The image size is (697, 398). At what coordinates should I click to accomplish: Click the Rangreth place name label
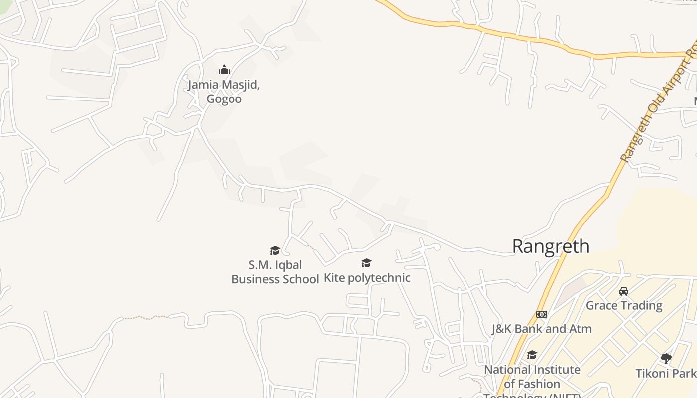[x=551, y=246]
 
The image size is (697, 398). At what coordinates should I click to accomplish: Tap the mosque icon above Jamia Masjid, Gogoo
[x=224, y=70]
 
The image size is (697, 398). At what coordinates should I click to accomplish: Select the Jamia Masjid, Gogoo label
[x=224, y=92]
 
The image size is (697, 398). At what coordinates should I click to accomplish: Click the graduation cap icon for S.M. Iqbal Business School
[x=275, y=250]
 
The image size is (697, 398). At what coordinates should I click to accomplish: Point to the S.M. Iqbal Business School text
[x=275, y=272]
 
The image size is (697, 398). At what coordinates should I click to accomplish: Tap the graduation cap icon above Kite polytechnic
[x=367, y=263]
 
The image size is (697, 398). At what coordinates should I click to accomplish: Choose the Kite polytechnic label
[x=367, y=278]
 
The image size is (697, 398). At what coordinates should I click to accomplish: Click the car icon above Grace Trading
[x=624, y=291]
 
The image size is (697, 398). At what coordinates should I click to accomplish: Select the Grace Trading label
[x=624, y=305]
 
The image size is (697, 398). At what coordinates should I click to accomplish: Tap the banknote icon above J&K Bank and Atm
[x=542, y=314]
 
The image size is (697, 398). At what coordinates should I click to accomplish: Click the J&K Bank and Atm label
[x=542, y=329]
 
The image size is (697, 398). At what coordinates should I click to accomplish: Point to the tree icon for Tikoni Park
[x=666, y=358]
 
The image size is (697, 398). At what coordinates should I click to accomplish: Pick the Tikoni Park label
[x=666, y=373]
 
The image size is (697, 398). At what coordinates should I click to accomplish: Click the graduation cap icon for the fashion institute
[x=532, y=355]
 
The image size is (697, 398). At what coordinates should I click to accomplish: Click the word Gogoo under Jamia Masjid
[x=224, y=99]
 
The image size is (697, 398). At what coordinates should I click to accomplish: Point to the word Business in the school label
[x=254, y=279]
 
